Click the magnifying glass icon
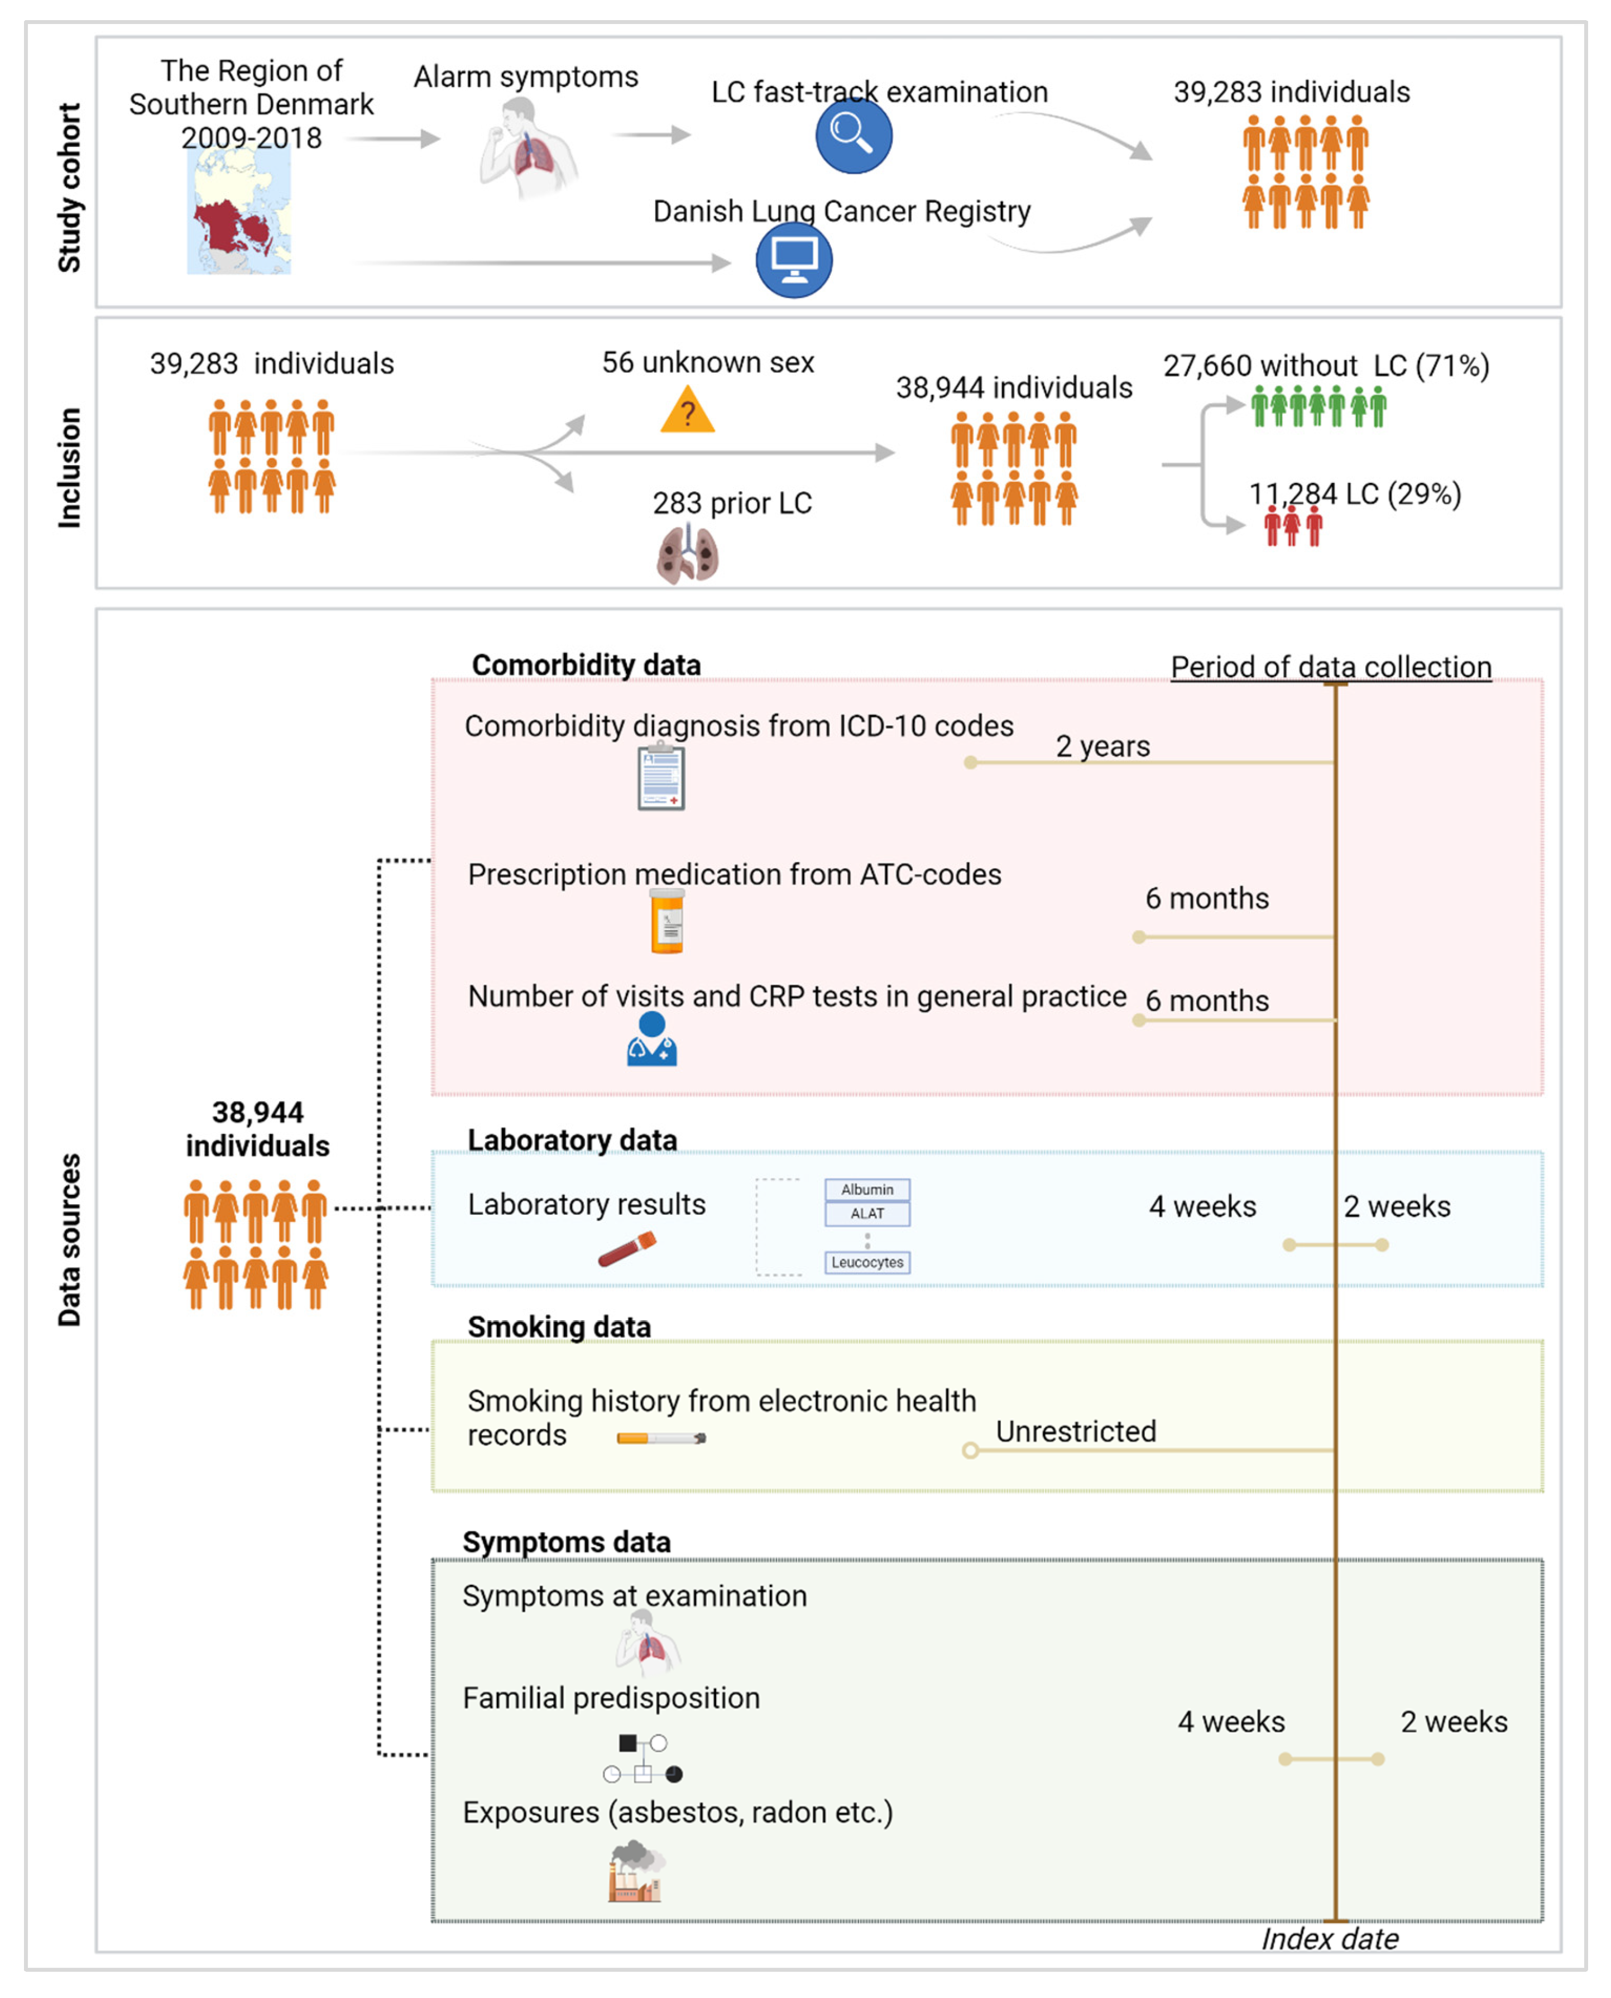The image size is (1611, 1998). pos(853,136)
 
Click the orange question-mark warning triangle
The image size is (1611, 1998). pos(688,412)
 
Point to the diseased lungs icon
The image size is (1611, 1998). pos(688,554)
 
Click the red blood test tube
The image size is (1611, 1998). pos(627,1249)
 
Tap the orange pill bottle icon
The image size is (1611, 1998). pos(667,922)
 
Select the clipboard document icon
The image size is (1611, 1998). pos(661,778)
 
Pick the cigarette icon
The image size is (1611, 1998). pos(661,1439)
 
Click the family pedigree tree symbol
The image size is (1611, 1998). pos(642,1759)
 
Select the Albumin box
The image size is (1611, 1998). pos(867,1190)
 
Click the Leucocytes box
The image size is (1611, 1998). pos(867,1262)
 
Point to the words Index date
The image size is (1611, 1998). pos(1329,1939)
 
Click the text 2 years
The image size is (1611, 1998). pos(1102,746)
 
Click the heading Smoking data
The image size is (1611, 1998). pos(559,1327)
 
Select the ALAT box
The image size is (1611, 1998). pos(867,1214)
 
